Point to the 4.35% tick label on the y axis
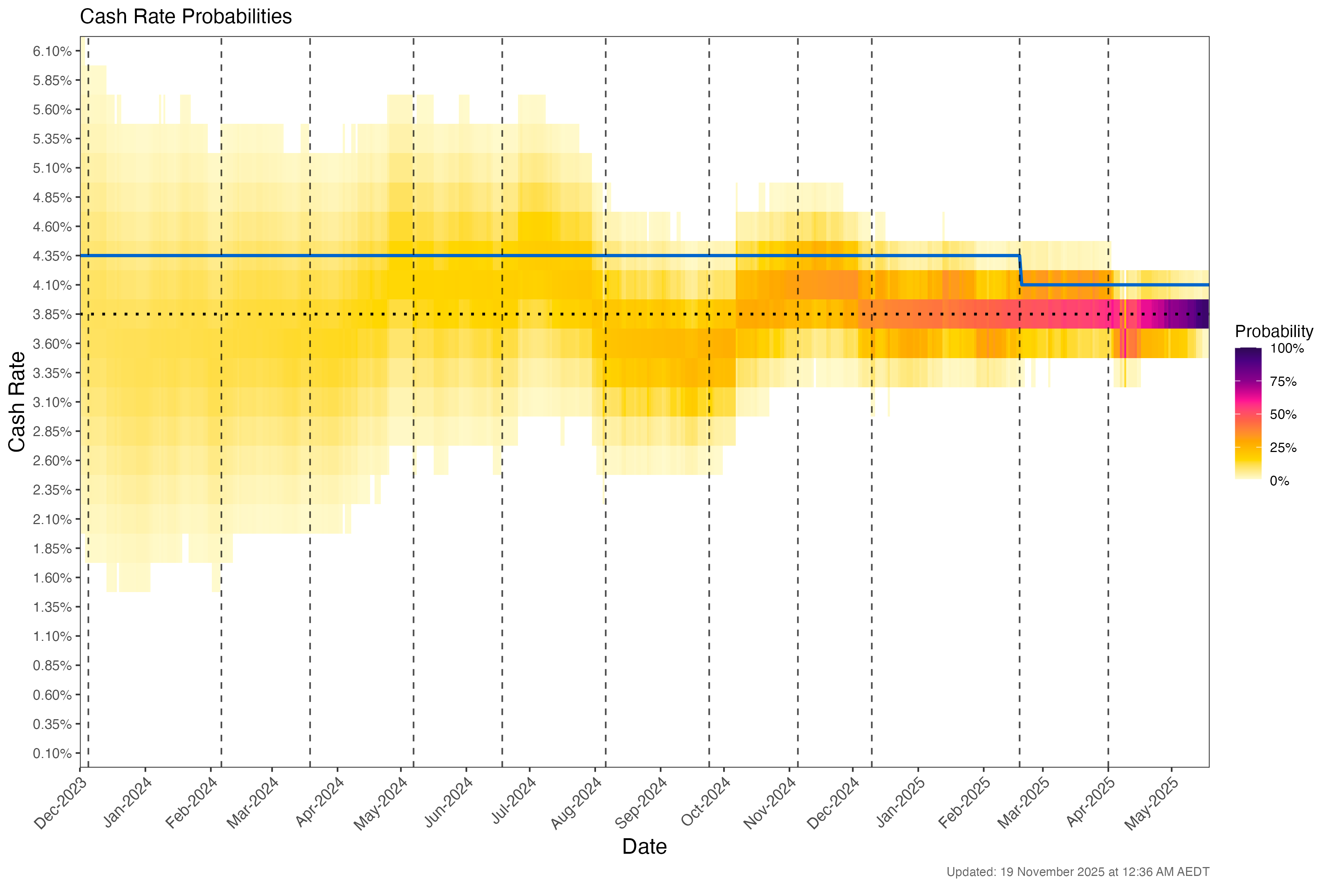point(52,256)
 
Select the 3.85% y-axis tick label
point(52,315)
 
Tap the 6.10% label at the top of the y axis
point(52,51)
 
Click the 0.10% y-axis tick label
point(52,754)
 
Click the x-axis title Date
point(644,847)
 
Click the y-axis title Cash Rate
point(17,402)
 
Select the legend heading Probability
point(1273,332)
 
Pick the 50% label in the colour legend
point(1283,415)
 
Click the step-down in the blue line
point(1020,271)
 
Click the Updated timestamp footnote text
point(1077,872)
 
